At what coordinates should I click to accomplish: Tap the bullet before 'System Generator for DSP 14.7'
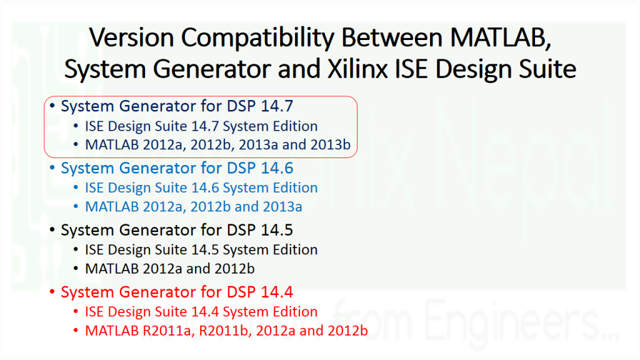52,107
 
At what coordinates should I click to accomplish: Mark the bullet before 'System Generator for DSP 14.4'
52,292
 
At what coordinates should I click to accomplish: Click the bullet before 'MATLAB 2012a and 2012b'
77,269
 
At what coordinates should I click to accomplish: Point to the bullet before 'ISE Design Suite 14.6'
77,188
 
